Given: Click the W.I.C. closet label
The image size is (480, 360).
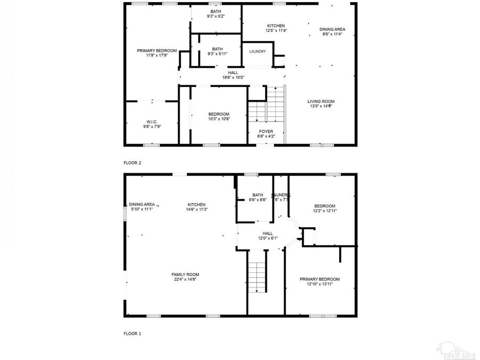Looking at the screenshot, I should click(x=152, y=122).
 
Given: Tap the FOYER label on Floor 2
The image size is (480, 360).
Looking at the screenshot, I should click(x=266, y=131).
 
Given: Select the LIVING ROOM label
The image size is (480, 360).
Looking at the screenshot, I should click(x=321, y=101).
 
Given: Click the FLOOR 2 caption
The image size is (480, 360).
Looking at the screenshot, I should click(x=132, y=163).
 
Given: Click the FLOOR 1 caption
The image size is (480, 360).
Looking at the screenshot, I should click(x=132, y=333).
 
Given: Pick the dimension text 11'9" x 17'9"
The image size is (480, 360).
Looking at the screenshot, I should click(x=157, y=55).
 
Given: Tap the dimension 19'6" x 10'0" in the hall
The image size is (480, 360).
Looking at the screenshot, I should click(x=233, y=77).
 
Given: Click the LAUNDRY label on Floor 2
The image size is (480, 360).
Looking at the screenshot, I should click(x=258, y=51).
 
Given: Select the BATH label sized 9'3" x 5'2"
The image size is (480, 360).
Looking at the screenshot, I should click(x=216, y=12).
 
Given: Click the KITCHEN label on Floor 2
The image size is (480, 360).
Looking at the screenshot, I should click(x=276, y=26).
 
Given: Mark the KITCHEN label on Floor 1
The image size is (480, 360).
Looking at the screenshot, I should click(x=196, y=204).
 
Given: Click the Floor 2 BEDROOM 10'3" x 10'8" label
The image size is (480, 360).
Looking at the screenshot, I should click(x=219, y=114).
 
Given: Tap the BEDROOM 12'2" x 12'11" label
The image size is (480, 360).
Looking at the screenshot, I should click(x=325, y=206).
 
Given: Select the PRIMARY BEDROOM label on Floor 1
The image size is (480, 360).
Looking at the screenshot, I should click(x=319, y=279).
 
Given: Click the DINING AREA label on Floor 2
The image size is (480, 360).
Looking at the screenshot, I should click(x=332, y=29).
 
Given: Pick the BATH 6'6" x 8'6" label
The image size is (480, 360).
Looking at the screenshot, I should click(x=258, y=195).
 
